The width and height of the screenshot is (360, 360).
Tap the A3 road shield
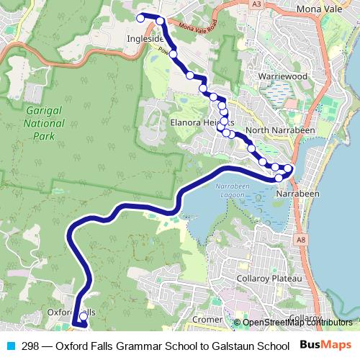(x=256, y=5)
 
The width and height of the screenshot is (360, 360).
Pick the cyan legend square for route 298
(x=9, y=346)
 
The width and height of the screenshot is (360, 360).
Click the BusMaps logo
(x=326, y=345)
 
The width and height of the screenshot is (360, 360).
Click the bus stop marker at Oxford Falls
(x=84, y=315)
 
